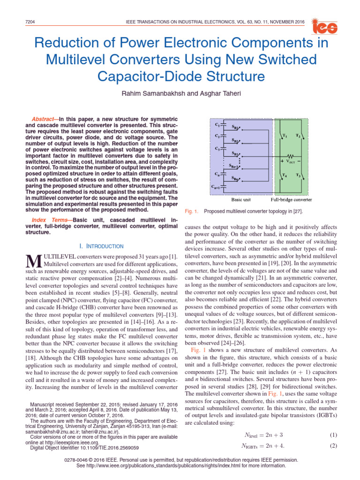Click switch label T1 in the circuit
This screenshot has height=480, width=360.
284,136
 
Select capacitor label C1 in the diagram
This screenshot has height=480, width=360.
217,124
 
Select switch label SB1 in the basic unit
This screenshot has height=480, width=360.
236,128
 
